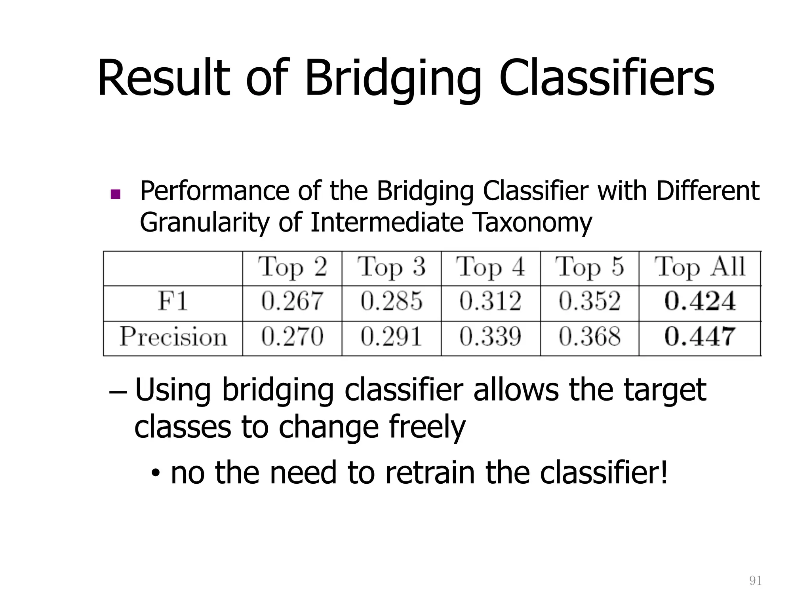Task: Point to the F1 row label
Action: (x=173, y=302)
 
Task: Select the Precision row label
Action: (x=173, y=337)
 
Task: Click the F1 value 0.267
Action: (x=292, y=302)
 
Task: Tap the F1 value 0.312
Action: (x=491, y=302)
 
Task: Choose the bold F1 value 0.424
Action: (x=700, y=302)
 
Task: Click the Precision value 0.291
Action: (x=391, y=337)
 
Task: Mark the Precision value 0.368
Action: (x=590, y=337)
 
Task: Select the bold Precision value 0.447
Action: (x=700, y=337)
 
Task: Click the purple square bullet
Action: (x=115, y=194)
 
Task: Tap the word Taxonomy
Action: (x=532, y=222)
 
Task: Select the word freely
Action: (x=427, y=427)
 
